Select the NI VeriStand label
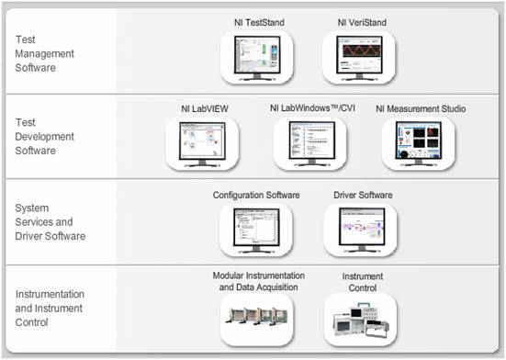pos(359,20)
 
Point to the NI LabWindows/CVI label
pos(310,108)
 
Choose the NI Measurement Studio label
pos(420,108)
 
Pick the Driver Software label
pos(360,196)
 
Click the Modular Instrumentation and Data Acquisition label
pos(258,281)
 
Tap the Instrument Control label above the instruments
pos(362,281)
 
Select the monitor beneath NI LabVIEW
pos(202,142)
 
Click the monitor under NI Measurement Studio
pos(419,142)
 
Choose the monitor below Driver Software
pos(360,229)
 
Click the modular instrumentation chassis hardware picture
pos(257,317)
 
